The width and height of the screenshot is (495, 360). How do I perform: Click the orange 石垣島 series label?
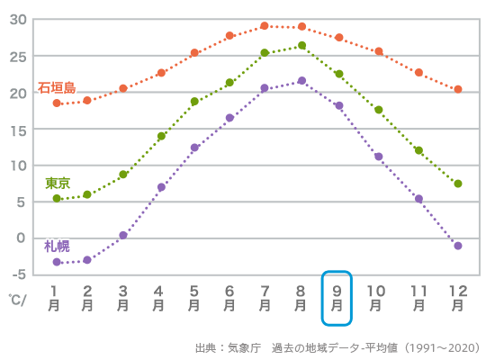(x=57, y=88)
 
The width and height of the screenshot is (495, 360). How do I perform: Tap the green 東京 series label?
(x=58, y=183)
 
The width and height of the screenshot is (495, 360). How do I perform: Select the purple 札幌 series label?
(x=57, y=246)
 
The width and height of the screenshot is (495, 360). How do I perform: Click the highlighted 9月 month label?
(x=337, y=298)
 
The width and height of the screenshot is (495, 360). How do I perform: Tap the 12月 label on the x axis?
(x=458, y=298)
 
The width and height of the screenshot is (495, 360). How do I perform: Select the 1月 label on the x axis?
(x=56, y=298)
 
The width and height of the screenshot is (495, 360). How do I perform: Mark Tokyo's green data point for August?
(x=301, y=46)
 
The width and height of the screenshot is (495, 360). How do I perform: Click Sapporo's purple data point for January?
(x=57, y=262)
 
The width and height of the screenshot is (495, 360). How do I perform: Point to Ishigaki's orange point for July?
(x=265, y=26)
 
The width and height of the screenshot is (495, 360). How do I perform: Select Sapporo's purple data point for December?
(x=458, y=246)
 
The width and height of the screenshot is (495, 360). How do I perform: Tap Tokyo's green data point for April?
(x=161, y=137)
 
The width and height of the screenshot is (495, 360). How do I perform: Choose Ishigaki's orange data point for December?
(x=458, y=89)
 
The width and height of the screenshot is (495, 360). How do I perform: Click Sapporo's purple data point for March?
(x=123, y=235)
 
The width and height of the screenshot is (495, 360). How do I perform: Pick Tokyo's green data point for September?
(x=339, y=74)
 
